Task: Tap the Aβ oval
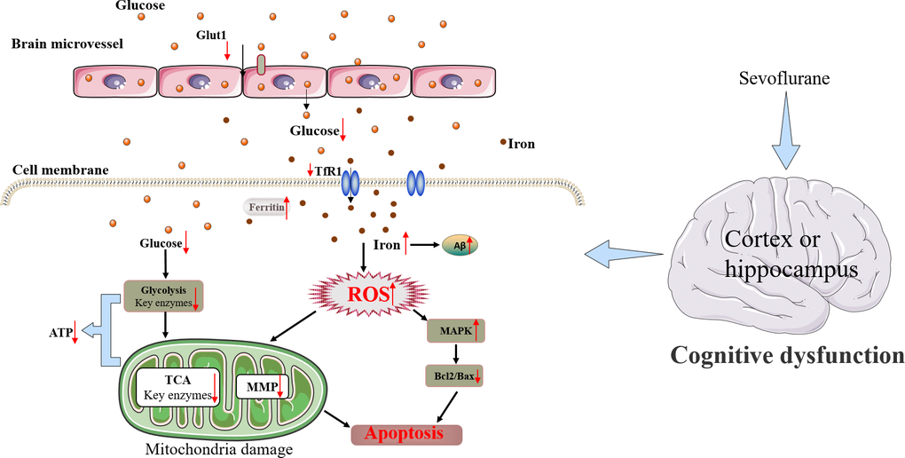click(x=460, y=243)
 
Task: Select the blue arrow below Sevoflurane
click(x=786, y=133)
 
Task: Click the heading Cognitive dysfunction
click(x=787, y=356)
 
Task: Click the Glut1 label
click(x=211, y=35)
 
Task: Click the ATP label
click(x=61, y=334)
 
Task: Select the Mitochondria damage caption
click(x=219, y=449)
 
